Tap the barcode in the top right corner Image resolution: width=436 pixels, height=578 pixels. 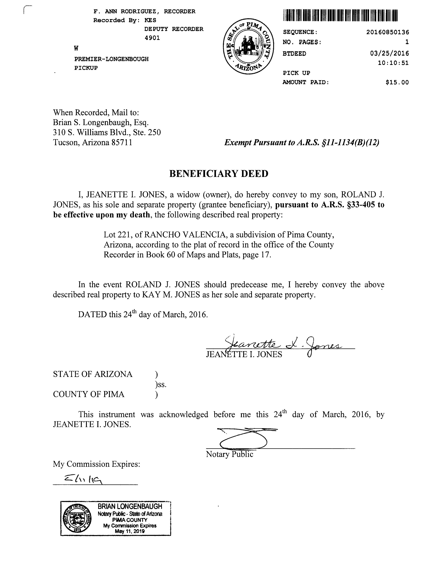click(x=340, y=15)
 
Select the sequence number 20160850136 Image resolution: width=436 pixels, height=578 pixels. click(x=387, y=32)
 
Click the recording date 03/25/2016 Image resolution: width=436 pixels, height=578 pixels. click(x=389, y=54)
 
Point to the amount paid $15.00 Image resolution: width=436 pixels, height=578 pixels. click(x=397, y=83)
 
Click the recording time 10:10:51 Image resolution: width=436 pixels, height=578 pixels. click(x=393, y=63)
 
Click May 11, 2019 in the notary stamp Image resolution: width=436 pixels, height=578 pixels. click(x=130, y=531)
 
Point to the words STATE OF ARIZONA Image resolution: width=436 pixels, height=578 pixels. click(x=93, y=374)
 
